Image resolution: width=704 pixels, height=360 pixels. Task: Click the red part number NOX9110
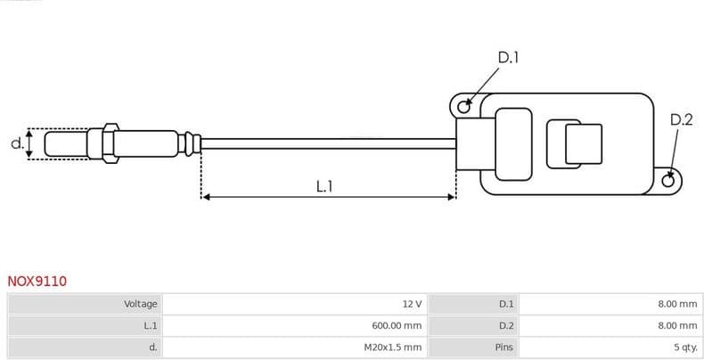pyautogui.click(x=37, y=282)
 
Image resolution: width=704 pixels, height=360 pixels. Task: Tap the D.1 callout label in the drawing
pyautogui.click(x=508, y=58)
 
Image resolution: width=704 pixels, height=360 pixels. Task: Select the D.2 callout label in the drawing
pyautogui.click(x=681, y=119)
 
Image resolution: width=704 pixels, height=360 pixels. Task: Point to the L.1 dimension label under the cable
pyautogui.click(x=324, y=186)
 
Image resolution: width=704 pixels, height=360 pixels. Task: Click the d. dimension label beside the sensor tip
pyautogui.click(x=16, y=143)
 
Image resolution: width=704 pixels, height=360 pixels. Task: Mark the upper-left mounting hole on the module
pyautogui.click(x=463, y=107)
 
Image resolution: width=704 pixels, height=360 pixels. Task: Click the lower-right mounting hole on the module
pyautogui.click(x=668, y=181)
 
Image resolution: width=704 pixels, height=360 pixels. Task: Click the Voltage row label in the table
pyautogui.click(x=140, y=304)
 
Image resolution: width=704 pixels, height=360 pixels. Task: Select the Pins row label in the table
pyautogui.click(x=503, y=348)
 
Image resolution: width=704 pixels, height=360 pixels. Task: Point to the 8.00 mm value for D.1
pyautogui.click(x=677, y=304)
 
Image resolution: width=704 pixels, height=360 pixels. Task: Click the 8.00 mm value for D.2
pyautogui.click(x=677, y=326)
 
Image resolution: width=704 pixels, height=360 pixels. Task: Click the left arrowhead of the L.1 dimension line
pyautogui.click(x=206, y=196)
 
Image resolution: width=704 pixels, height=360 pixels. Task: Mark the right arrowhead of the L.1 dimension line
pyautogui.click(x=452, y=196)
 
